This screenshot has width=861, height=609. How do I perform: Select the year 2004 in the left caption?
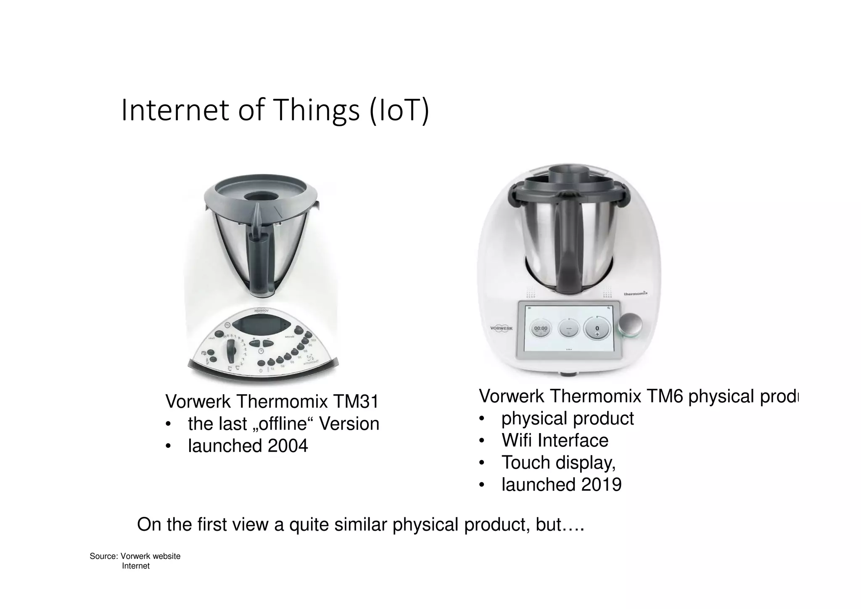point(288,446)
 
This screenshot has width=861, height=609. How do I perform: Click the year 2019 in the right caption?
point(601,484)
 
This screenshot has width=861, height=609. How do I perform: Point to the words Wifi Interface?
point(555,441)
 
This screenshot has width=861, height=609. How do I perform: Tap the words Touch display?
point(558,463)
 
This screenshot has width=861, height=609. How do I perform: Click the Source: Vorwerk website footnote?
point(135,556)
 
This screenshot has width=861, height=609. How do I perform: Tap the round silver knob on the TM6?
point(630,326)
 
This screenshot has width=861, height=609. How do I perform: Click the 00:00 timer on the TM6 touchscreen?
point(541,328)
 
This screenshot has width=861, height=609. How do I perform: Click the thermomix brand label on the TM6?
point(635,293)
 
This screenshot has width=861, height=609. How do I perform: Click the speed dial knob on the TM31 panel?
point(231,351)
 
